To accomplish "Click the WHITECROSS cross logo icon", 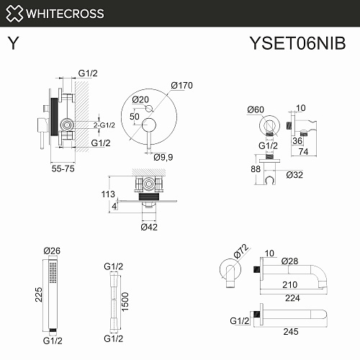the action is (14, 14).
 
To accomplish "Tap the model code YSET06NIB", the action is (297, 43).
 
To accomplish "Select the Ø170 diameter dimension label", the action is (181, 86).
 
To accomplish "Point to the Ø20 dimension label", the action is (140, 99).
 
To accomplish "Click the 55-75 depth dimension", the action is (63, 168).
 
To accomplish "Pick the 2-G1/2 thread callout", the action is (104, 125).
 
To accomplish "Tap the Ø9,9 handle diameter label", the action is (163, 158).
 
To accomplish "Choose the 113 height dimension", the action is (108, 194).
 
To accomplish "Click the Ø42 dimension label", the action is (149, 227).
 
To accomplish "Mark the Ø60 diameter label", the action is (256, 109).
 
